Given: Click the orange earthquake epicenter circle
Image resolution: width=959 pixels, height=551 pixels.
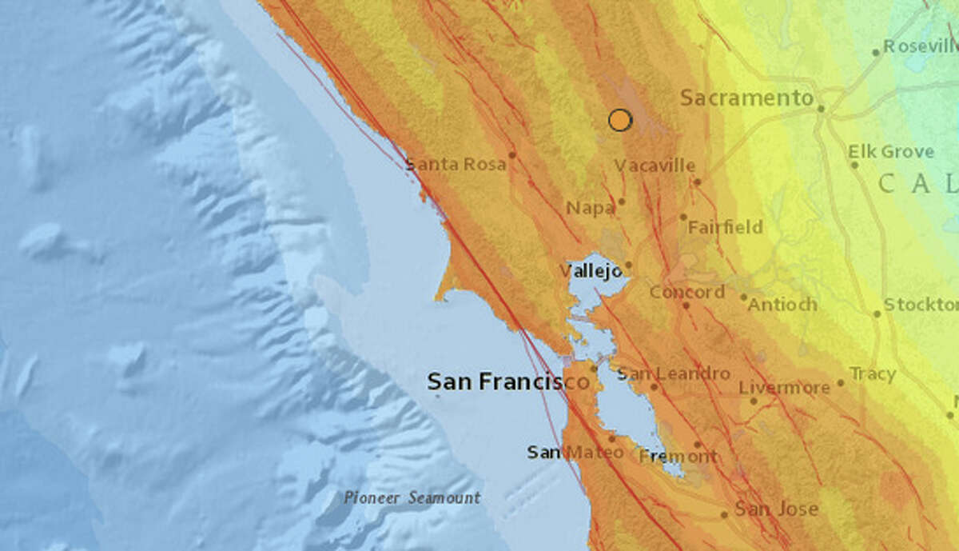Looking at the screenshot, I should (619, 120).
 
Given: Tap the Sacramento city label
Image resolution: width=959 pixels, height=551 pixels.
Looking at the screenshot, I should (746, 98).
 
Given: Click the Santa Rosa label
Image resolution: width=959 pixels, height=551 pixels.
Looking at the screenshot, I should (456, 165).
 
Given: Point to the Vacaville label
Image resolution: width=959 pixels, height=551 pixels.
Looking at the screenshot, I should (655, 166).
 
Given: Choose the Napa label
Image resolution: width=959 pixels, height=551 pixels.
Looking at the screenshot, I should (590, 208).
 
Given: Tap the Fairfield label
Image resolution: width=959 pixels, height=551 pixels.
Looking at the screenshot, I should (725, 227).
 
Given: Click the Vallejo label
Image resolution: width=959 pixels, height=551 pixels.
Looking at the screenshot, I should (591, 271).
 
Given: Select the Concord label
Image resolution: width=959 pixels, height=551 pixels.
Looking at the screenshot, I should (686, 292).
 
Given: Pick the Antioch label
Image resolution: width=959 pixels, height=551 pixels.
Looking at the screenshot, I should (783, 305).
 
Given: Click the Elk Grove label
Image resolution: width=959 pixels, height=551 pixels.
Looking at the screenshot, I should (890, 151).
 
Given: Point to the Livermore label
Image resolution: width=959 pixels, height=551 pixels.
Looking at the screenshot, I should (784, 387).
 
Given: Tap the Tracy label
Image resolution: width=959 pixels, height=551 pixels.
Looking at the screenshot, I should (872, 373).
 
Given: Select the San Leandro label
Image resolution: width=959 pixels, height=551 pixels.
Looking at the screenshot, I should (674, 373).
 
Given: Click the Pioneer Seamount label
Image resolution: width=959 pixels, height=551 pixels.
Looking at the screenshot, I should (412, 497).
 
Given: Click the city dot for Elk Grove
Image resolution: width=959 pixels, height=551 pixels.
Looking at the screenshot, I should (854, 165).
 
